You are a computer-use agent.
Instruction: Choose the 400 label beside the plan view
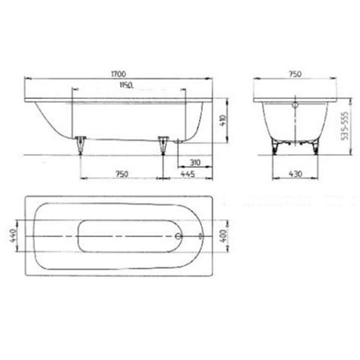[x=220, y=220]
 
